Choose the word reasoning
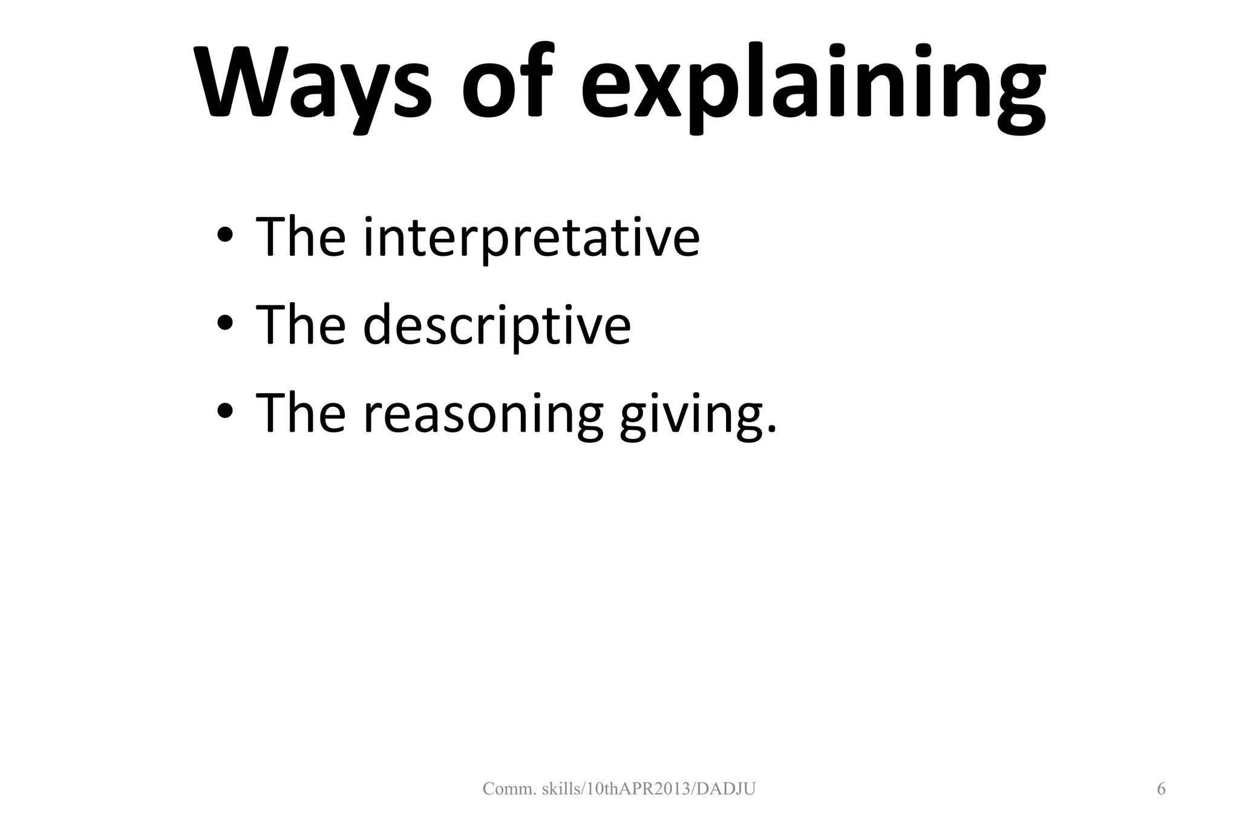click(x=483, y=414)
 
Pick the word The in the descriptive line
click(x=301, y=325)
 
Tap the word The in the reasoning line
click(x=301, y=414)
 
